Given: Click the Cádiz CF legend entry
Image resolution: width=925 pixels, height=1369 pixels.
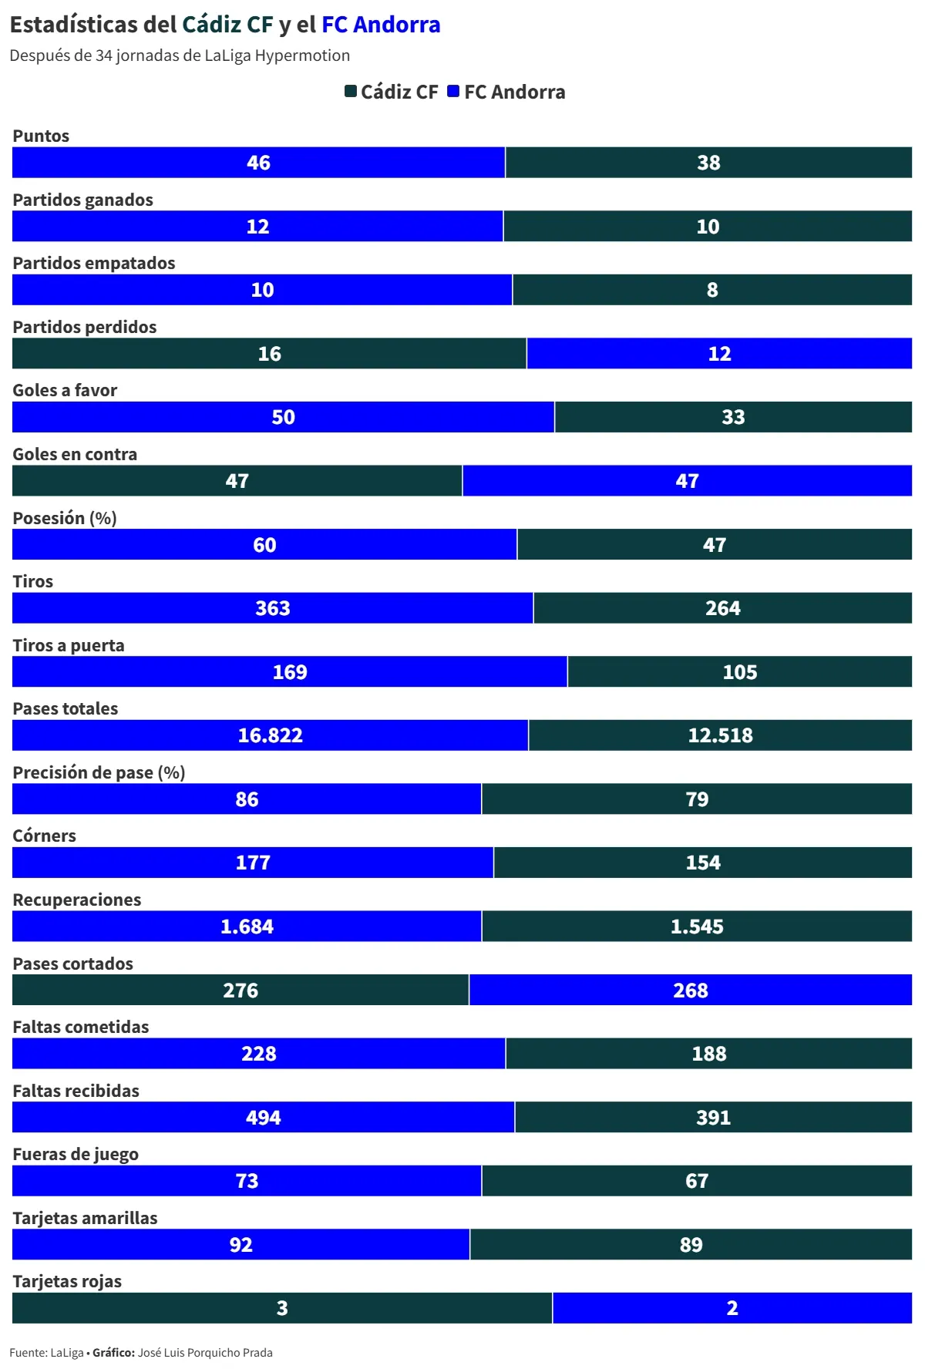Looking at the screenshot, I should (x=392, y=92).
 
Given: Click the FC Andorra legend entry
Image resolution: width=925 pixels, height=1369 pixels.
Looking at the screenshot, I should (x=506, y=92).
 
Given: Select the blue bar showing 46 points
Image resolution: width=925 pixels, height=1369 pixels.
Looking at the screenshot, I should (x=258, y=163).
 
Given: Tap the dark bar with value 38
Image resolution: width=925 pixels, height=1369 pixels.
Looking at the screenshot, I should (x=708, y=163).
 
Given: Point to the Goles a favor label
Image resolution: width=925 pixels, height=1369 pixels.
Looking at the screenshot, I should (x=65, y=390).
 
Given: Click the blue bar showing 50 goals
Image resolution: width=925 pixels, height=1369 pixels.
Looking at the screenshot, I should (x=283, y=417).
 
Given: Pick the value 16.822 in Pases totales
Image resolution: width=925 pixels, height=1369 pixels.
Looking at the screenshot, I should (x=270, y=735).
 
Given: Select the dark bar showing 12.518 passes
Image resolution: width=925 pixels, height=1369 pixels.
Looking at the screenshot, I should (x=720, y=735).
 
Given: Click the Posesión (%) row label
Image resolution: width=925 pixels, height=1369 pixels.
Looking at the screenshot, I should (x=65, y=518).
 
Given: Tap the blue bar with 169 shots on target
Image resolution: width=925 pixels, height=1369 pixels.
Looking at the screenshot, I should (x=290, y=672).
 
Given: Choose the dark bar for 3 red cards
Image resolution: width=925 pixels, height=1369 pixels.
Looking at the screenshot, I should (x=282, y=1308).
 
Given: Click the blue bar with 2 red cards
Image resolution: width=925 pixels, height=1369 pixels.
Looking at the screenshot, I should (x=732, y=1308).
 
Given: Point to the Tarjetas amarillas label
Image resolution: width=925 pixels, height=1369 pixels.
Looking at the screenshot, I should (x=85, y=1218).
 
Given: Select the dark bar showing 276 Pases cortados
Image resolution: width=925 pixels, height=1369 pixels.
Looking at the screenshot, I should (x=240, y=991).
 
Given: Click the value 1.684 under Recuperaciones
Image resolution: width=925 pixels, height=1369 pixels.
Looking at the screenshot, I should (x=247, y=927).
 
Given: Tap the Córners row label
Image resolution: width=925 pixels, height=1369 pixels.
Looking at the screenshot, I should (x=44, y=836).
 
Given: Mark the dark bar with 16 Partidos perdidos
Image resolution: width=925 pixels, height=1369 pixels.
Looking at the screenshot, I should (x=269, y=354).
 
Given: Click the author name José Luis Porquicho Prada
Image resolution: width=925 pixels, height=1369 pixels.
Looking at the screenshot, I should (x=205, y=1353).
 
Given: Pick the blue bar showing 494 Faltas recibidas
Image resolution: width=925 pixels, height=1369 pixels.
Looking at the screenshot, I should (x=263, y=1118).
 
